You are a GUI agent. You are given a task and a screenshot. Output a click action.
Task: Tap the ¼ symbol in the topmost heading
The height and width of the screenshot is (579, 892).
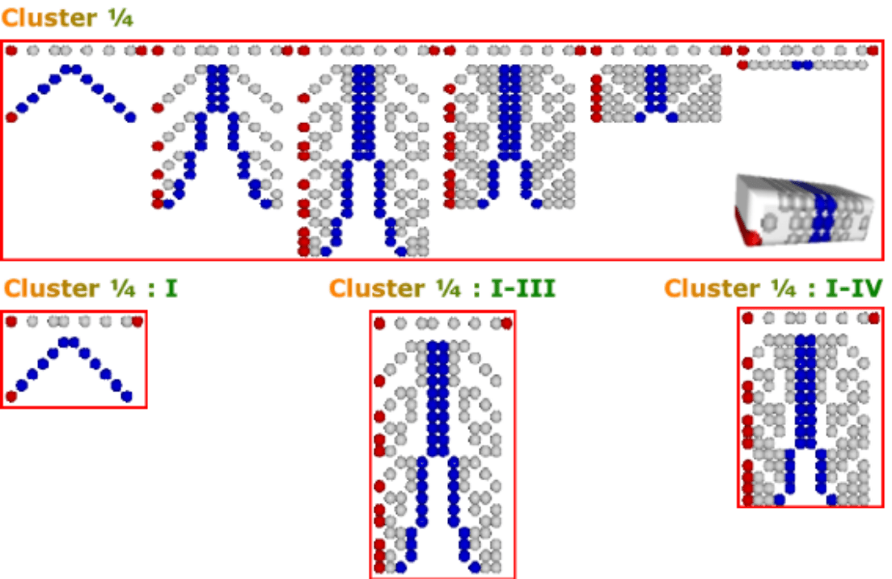[120, 18]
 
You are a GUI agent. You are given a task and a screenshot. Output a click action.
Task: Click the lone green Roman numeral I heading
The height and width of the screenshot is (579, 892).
[172, 288]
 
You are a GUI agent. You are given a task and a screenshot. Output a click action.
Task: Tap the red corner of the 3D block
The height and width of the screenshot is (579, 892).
[750, 236]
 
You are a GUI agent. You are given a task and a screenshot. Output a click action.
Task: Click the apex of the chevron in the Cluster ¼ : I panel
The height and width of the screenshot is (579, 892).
[69, 343]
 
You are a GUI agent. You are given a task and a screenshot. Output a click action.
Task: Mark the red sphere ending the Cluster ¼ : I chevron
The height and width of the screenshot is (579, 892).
[11, 396]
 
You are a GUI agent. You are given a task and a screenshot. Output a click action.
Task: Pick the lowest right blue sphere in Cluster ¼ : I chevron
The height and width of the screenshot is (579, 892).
[126, 396]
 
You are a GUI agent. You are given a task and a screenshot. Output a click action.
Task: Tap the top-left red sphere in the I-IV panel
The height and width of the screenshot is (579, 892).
[748, 318]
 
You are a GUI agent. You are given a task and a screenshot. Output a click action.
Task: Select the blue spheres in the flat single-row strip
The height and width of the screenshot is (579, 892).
[802, 65]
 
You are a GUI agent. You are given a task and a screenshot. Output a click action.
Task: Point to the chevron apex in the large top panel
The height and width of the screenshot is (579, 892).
[71, 69]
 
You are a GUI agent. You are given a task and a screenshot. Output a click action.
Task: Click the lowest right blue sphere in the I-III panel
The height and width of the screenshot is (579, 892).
[475, 566]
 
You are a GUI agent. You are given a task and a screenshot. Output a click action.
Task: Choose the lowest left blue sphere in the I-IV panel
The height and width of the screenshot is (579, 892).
[779, 499]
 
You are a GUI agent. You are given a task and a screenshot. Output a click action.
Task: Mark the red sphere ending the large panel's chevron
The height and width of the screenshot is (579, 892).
[11, 117]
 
